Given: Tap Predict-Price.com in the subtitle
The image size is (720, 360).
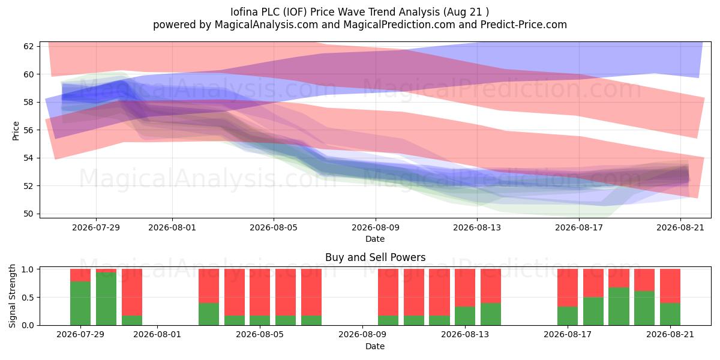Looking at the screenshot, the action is pyautogui.click(x=524, y=25).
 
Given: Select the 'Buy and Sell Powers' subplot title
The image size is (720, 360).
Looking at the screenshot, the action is pyautogui.click(x=375, y=257).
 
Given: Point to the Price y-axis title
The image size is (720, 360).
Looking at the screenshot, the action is pyautogui.click(x=16, y=131).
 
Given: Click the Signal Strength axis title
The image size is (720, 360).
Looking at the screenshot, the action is pyautogui.click(x=12, y=296).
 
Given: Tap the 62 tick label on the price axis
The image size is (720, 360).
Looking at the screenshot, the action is pyautogui.click(x=28, y=46).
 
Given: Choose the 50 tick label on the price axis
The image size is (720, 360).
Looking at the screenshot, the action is pyautogui.click(x=28, y=214).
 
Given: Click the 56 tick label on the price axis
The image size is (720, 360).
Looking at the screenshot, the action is pyautogui.click(x=28, y=130).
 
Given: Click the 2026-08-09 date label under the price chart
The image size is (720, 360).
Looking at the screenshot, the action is pyautogui.click(x=376, y=227).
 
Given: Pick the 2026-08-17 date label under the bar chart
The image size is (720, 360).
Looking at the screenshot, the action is pyautogui.click(x=568, y=334).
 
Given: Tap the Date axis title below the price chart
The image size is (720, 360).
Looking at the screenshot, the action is pyautogui.click(x=375, y=239).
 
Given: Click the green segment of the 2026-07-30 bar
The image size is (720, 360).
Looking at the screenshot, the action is pyautogui.click(x=106, y=299).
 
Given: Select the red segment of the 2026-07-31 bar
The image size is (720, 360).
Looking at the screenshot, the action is pyautogui.click(x=132, y=292).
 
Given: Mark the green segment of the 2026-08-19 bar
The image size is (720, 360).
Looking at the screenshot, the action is pyautogui.click(x=619, y=307).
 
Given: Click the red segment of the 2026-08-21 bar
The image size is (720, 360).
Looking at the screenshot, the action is pyautogui.click(x=670, y=286).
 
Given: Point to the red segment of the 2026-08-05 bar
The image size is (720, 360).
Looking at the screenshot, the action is pyautogui.click(x=260, y=292).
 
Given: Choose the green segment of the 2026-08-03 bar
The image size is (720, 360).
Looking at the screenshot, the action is pyautogui.click(x=209, y=314).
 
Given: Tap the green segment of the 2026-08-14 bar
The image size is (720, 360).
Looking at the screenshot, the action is pyautogui.click(x=491, y=314).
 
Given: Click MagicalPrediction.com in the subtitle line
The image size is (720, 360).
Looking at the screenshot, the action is pyautogui.click(x=399, y=25).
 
